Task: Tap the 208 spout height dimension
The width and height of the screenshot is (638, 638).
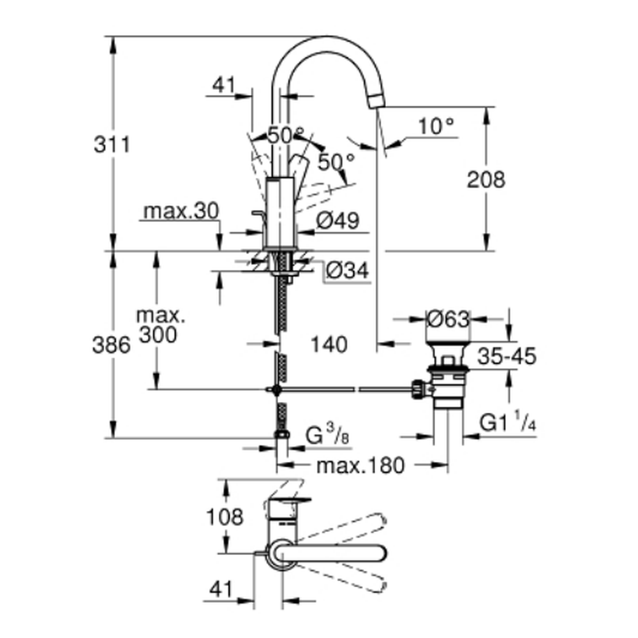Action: click(x=486, y=179)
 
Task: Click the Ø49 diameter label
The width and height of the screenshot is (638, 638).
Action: click(x=338, y=221)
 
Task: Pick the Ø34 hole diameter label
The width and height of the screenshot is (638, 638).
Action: click(x=347, y=271)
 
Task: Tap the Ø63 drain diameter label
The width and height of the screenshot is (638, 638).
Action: click(x=448, y=318)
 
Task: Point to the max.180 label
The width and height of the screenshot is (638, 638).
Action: click(x=360, y=466)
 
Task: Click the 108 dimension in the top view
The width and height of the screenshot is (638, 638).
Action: click(x=225, y=516)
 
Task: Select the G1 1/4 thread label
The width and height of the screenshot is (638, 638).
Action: click(x=507, y=422)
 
